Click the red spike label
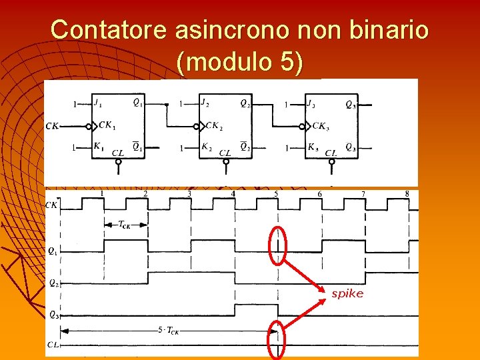(347, 293)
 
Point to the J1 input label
(98, 103)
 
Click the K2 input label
(207, 147)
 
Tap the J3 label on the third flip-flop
(310, 103)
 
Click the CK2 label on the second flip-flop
(213, 125)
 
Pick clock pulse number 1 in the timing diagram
(102, 193)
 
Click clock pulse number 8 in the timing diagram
(407, 193)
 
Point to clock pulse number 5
(276, 193)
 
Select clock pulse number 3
(189, 193)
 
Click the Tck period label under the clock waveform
(124, 225)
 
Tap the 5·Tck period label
(168, 330)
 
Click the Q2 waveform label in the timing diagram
(53, 282)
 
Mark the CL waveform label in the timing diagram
(53, 345)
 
